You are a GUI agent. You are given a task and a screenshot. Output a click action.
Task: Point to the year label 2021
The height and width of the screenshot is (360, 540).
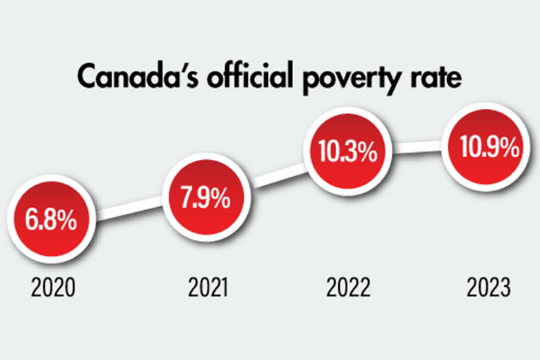tap(208, 289)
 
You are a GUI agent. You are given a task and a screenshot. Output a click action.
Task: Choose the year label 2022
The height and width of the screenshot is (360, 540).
tap(349, 289)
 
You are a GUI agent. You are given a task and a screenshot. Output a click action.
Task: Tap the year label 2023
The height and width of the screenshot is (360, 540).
tap(489, 289)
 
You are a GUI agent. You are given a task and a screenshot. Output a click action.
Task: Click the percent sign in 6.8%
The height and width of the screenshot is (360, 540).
tap(67, 221)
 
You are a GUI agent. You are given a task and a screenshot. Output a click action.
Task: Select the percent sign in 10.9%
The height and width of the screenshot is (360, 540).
tap(509, 149)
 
